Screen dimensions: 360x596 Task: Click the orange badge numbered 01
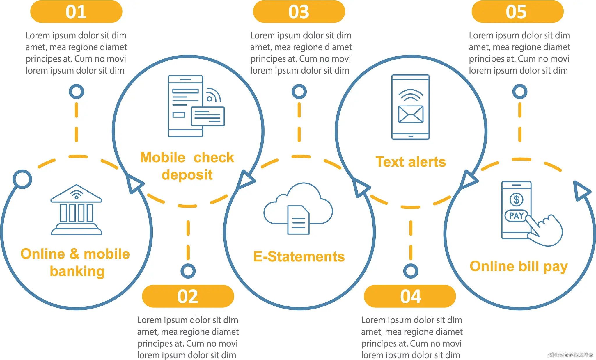76,12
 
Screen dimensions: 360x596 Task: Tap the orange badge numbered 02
188,296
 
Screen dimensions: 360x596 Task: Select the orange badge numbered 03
299,12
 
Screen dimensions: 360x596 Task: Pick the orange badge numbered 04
410,296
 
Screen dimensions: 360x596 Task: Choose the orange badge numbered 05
517,12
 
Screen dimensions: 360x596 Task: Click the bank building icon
76,210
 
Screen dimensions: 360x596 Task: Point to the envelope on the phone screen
411,114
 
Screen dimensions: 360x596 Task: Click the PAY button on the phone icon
516,216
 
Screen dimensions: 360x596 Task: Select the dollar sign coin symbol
516,199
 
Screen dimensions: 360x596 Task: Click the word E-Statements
299,257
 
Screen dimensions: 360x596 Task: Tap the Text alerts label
411,162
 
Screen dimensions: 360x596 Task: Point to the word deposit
187,175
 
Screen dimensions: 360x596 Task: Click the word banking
77,271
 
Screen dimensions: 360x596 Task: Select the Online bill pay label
519,266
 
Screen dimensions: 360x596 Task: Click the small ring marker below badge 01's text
76,92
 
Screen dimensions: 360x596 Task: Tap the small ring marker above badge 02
188,271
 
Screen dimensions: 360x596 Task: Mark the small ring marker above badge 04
411,271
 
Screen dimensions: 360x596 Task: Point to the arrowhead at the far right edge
581,191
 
